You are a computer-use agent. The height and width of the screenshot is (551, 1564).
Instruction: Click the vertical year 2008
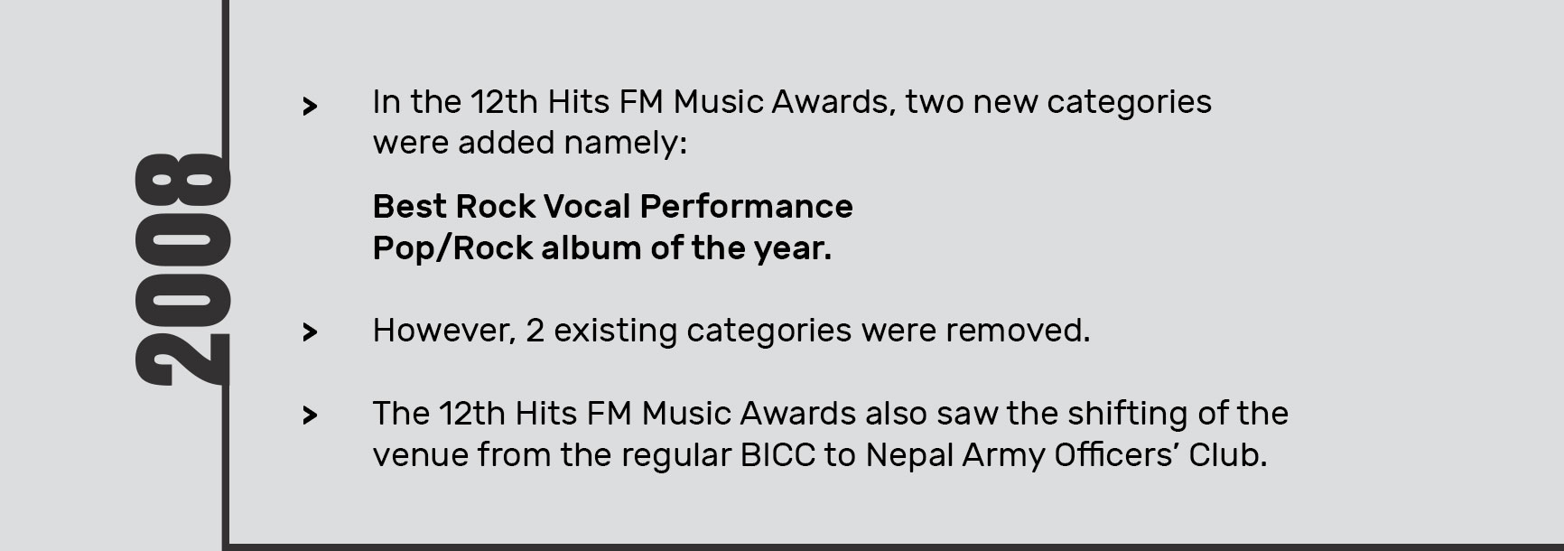[181, 270]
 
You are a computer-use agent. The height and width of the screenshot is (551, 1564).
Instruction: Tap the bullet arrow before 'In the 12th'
[310, 107]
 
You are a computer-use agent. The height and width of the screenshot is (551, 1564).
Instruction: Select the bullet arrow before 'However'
[310, 332]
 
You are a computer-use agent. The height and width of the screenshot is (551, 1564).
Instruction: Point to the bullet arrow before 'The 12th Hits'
[310, 416]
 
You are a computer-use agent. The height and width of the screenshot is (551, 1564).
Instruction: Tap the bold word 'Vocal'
[589, 207]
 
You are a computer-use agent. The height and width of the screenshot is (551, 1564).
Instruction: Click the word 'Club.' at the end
[1228, 455]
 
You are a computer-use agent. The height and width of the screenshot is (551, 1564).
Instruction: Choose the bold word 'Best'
[410, 207]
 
